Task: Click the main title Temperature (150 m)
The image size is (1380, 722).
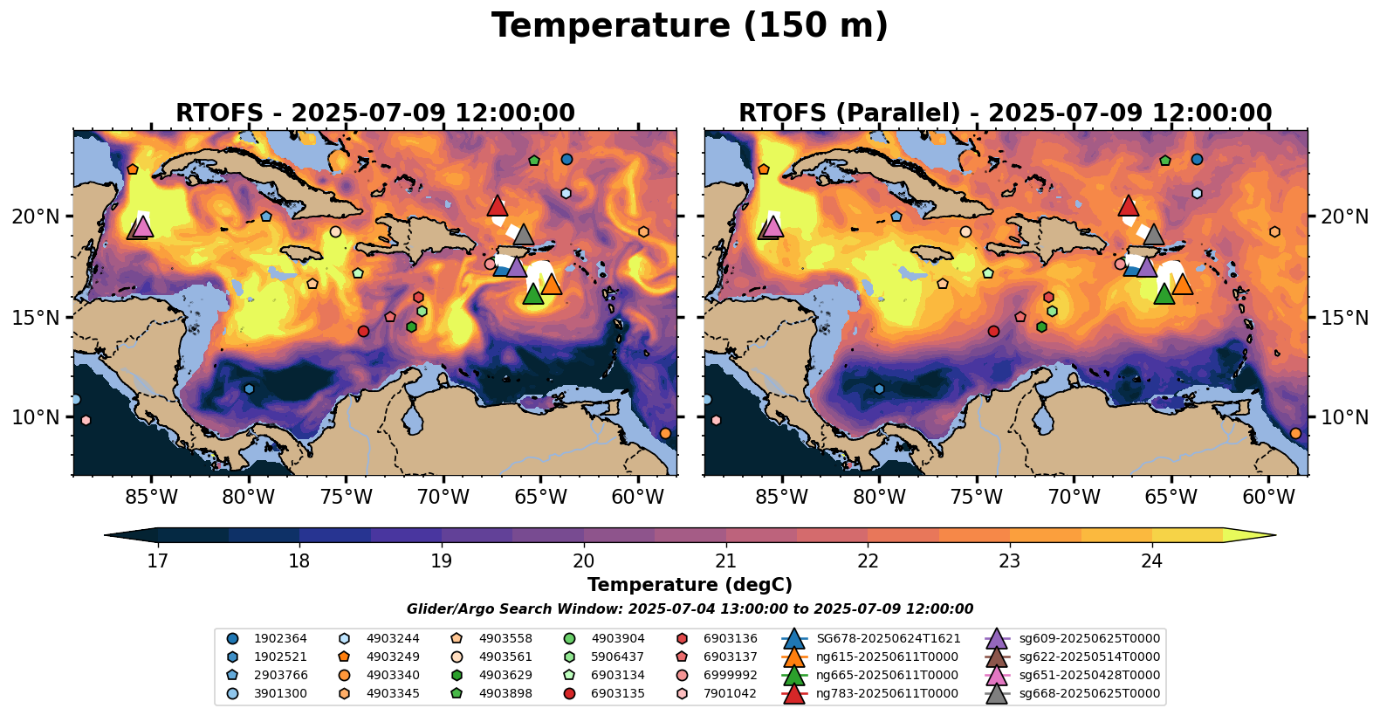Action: coord(690,26)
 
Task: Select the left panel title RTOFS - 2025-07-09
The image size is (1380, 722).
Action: coord(375,113)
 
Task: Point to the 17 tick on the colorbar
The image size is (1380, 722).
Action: coord(157,560)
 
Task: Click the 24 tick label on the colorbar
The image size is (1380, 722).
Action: coord(1151,560)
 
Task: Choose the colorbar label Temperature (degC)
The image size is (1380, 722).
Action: coord(690,585)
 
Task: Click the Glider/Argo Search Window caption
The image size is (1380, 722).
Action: coord(690,609)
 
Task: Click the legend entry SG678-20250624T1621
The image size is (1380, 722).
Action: coord(888,639)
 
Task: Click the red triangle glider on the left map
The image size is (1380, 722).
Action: coord(497,206)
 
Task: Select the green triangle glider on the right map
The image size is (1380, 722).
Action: coord(1164,295)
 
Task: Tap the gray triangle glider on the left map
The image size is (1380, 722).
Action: coord(524,235)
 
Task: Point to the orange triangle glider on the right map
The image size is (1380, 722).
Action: coord(1182,285)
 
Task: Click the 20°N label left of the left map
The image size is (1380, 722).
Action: coord(36,217)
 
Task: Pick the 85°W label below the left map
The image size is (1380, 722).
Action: coord(151,498)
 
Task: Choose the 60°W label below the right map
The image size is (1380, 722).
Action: coord(1268,498)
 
